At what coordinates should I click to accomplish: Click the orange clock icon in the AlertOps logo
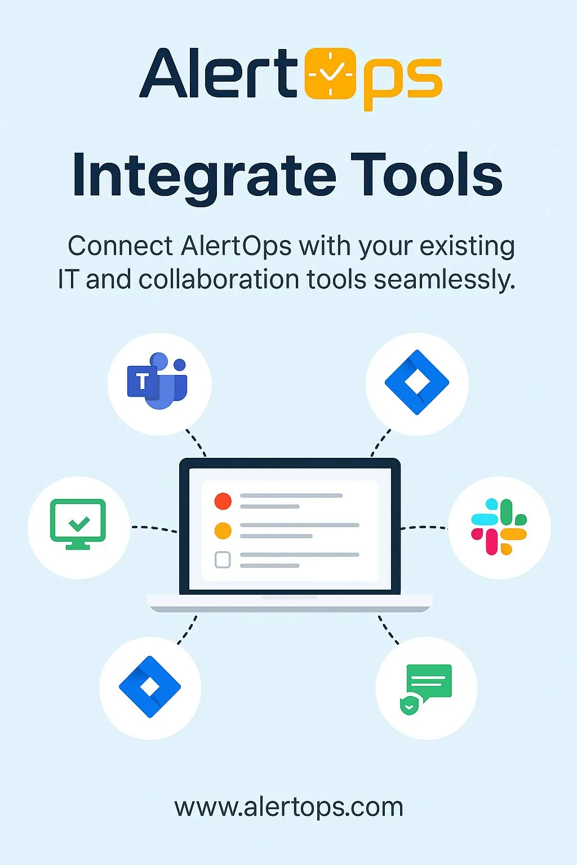(330, 73)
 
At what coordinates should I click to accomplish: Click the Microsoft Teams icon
(157, 381)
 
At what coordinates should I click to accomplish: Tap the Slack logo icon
(499, 527)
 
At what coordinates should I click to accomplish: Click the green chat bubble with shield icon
(425, 689)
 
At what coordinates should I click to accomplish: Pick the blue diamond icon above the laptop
(417, 382)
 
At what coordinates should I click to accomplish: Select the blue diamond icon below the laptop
(150, 687)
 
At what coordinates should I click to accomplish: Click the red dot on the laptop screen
(223, 501)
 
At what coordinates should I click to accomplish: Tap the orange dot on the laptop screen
(223, 530)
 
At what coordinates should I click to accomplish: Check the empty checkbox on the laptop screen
(223, 560)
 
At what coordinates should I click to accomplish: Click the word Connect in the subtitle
(120, 246)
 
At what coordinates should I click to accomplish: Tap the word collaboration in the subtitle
(219, 279)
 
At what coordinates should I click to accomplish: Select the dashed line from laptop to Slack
(424, 527)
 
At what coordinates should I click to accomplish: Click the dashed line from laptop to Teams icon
(196, 443)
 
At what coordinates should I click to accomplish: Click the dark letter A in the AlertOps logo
(163, 73)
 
